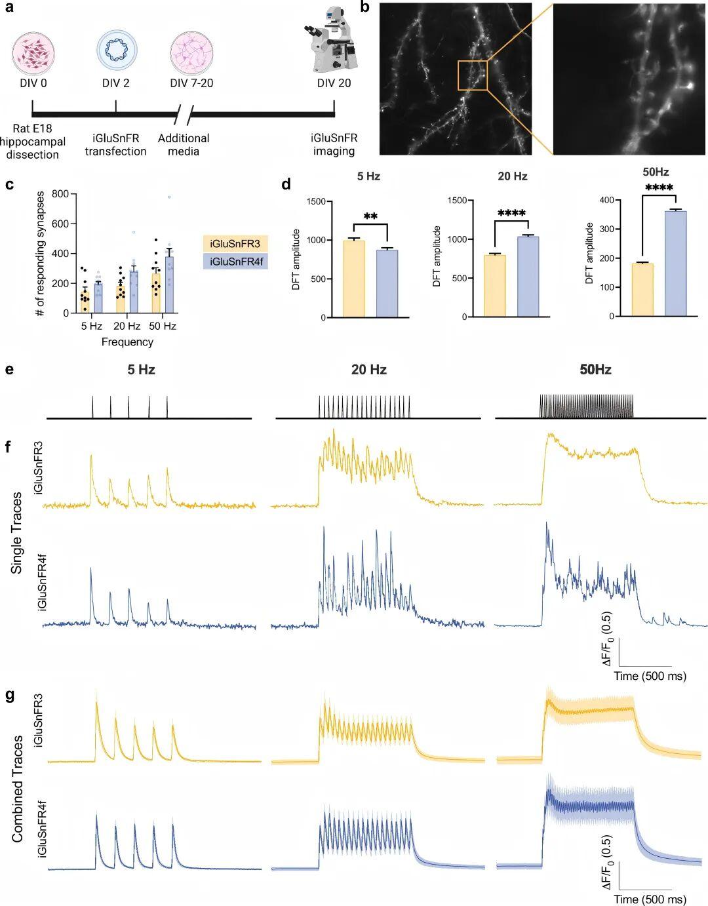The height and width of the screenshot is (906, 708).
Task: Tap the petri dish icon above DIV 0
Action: click(33, 53)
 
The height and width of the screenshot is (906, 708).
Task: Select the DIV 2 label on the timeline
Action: click(116, 83)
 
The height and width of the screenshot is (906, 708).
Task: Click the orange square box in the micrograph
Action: click(473, 75)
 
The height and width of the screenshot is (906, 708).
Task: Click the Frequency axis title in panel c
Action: click(127, 342)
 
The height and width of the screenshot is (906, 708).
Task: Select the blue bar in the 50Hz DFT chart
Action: click(676, 264)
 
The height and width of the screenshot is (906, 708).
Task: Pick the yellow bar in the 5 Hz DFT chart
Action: click(354, 279)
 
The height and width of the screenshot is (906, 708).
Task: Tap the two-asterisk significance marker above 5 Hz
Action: click(370, 217)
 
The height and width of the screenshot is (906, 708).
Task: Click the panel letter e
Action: click(9, 370)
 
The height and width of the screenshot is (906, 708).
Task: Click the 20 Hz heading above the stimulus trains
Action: click(368, 370)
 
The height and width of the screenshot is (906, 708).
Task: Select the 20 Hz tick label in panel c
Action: click(127, 326)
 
